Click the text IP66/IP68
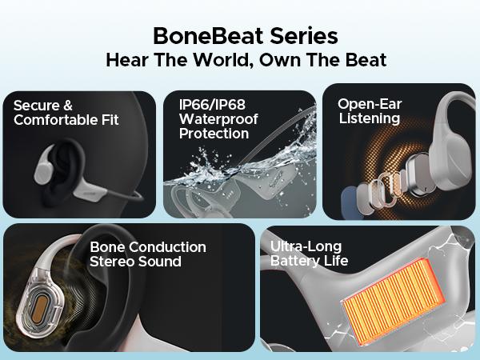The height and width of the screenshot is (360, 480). pos(205,104)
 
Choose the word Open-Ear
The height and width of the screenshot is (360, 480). pos(369,104)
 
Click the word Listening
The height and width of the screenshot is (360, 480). pos(369,118)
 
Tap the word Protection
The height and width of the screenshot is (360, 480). pos(214,133)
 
